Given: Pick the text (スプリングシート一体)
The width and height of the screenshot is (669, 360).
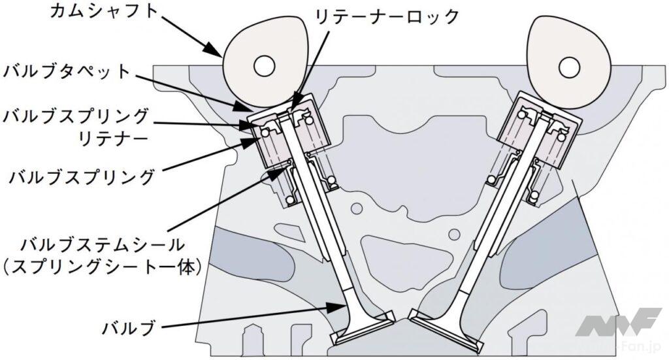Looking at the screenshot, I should (x=104, y=269).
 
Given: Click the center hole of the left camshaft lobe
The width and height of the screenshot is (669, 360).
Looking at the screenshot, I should (x=264, y=65).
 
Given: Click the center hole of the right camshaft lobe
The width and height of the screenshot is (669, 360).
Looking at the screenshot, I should (x=570, y=65).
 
